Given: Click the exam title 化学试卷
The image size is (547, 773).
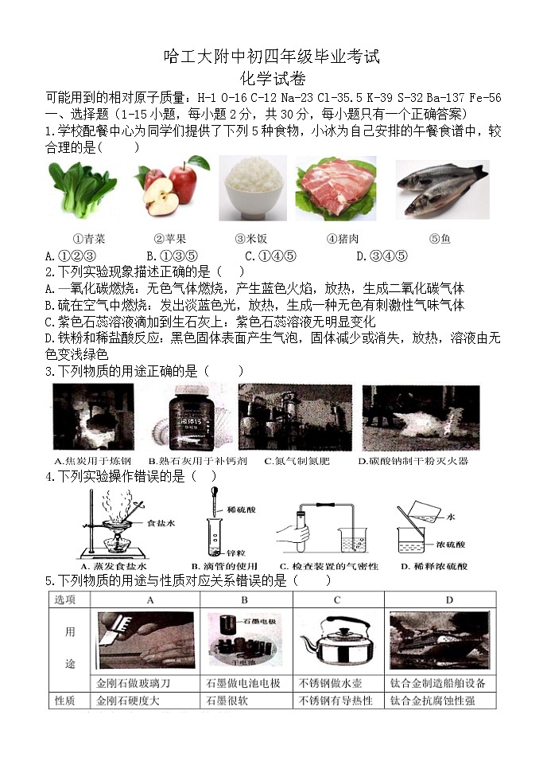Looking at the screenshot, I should tap(273, 78).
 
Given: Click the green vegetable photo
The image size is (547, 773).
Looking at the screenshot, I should tap(83, 189).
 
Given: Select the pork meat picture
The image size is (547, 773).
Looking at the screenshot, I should tap(336, 189).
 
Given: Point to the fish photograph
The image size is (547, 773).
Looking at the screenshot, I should tap(442, 189).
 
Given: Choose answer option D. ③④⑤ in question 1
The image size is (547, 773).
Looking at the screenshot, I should tap(382, 256).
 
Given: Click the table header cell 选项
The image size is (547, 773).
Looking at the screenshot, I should tap(64, 599).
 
